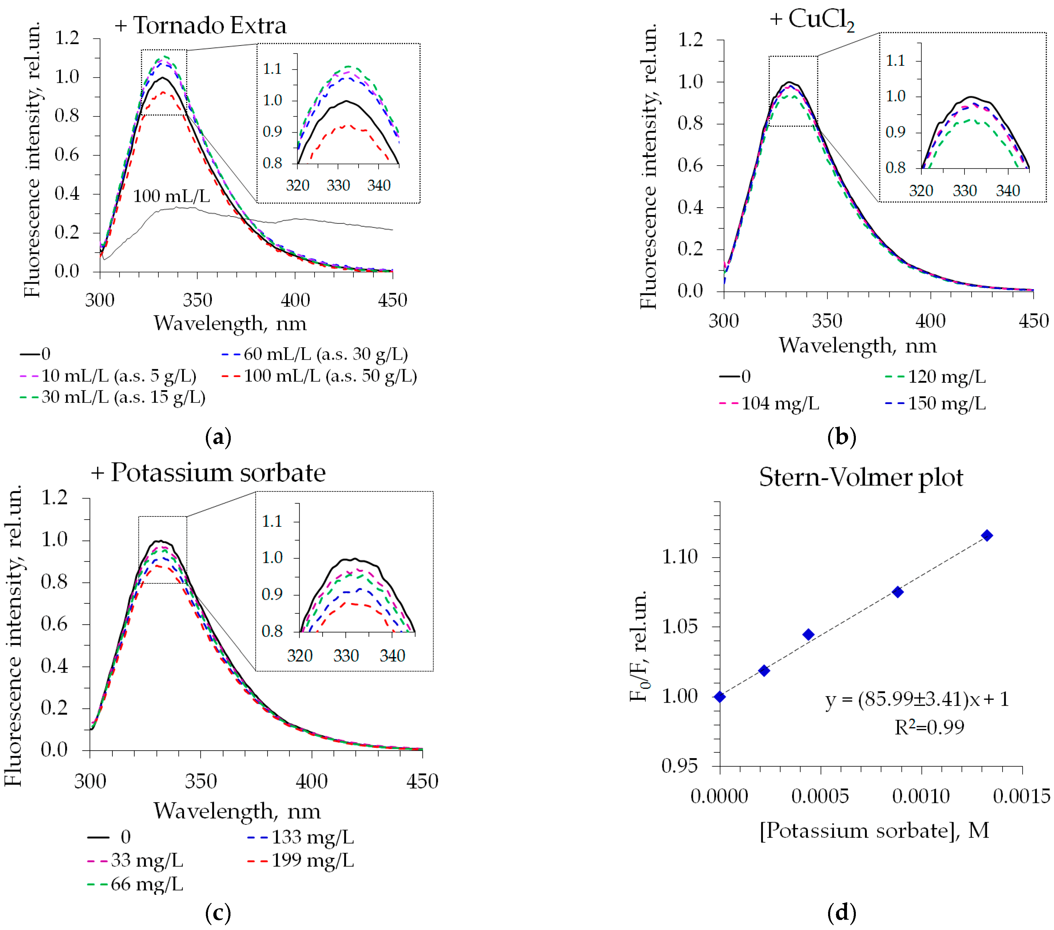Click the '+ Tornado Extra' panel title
pyautogui.click(x=200, y=26)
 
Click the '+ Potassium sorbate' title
pyautogui.click(x=208, y=472)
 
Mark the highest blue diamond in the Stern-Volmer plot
pyautogui.click(x=987, y=535)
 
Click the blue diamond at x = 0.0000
pyautogui.click(x=720, y=697)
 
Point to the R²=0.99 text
pyautogui.click(x=929, y=727)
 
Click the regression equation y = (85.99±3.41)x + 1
pyautogui.click(x=917, y=700)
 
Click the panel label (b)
pyautogui.click(x=842, y=438)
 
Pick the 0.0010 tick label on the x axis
pyautogui.click(x=921, y=796)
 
